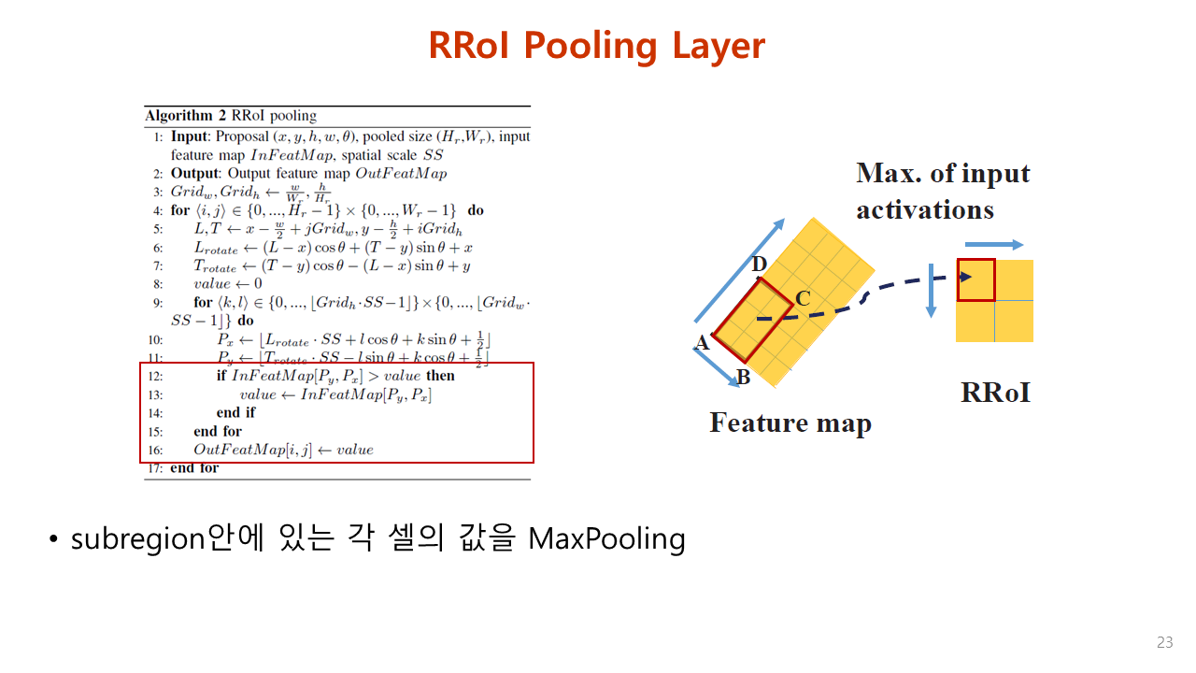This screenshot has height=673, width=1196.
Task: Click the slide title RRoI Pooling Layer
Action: (597, 45)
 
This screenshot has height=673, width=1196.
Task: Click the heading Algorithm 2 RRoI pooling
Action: (231, 117)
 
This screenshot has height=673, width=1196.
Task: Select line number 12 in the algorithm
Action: (155, 376)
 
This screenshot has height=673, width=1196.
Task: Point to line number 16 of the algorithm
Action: (155, 450)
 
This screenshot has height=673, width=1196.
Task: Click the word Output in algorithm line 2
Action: (193, 173)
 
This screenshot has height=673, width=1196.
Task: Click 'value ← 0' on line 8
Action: (227, 283)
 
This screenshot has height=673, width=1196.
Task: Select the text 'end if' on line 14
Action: (235, 412)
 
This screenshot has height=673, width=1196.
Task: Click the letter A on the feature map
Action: (703, 343)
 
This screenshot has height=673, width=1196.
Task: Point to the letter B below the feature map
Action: (744, 378)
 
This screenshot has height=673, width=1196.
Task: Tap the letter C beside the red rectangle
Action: (802, 299)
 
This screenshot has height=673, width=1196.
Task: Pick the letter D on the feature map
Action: (760, 265)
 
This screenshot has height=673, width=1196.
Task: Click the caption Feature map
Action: (790, 422)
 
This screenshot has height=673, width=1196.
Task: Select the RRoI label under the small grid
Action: (995, 393)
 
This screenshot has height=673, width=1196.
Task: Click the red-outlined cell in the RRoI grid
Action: (976, 279)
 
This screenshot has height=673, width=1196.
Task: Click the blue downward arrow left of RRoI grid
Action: (931, 290)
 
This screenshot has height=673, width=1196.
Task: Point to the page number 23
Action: (1164, 642)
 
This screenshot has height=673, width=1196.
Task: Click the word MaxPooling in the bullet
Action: (606, 538)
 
